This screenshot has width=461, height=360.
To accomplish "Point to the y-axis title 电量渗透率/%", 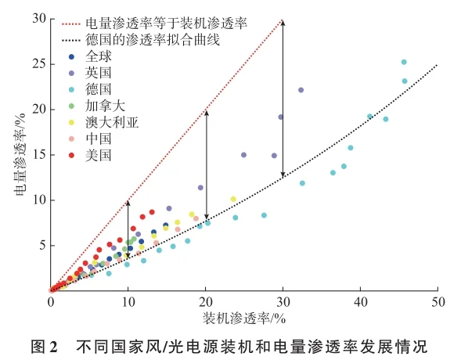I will coord(19,155).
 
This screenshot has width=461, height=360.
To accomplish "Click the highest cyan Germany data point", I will coord(404,62).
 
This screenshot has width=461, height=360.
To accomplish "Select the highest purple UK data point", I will coord(301,90).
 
